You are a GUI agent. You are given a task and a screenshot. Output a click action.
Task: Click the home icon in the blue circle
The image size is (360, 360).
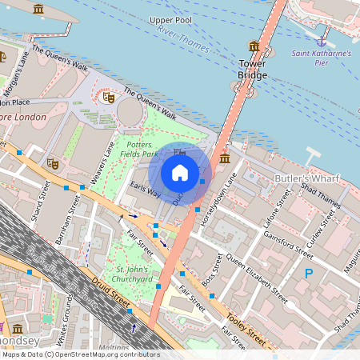click(180, 172)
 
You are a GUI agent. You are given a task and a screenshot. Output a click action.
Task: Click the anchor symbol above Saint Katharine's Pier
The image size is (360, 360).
click(322, 40)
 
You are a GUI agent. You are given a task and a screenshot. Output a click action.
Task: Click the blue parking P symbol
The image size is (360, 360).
click(309, 274)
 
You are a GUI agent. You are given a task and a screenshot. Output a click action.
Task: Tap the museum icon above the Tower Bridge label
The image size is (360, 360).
click(254, 46)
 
